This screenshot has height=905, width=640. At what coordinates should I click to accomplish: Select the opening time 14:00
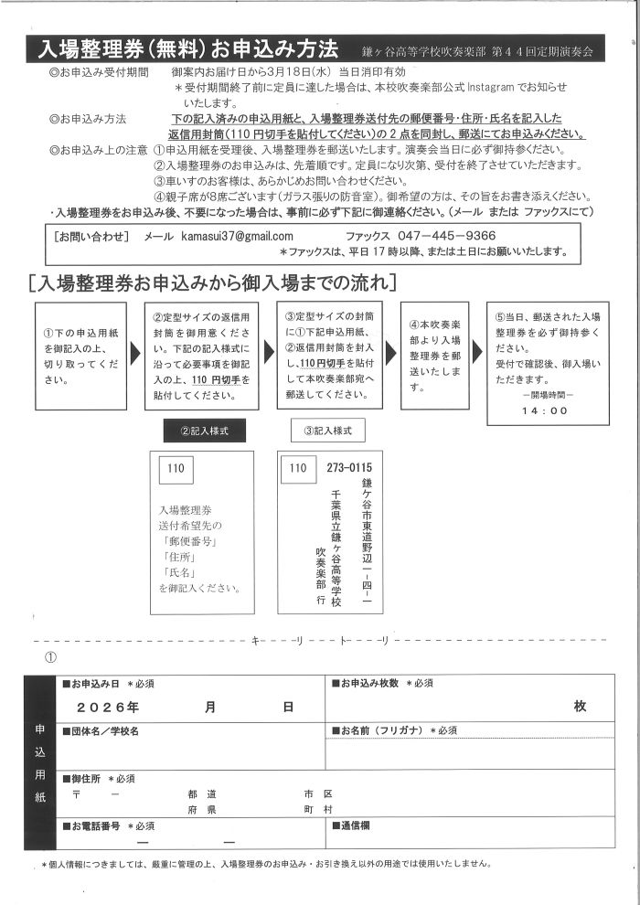click(546, 410)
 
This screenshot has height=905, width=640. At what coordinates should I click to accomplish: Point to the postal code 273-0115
click(349, 469)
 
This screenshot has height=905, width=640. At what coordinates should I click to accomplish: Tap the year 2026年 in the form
click(108, 707)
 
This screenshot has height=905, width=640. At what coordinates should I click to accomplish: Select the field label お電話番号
click(96, 825)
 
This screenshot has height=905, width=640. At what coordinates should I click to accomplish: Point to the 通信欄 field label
click(354, 825)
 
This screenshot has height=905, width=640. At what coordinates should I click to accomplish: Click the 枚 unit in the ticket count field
click(580, 706)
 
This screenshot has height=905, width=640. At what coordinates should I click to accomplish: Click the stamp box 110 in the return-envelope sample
click(176, 469)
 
